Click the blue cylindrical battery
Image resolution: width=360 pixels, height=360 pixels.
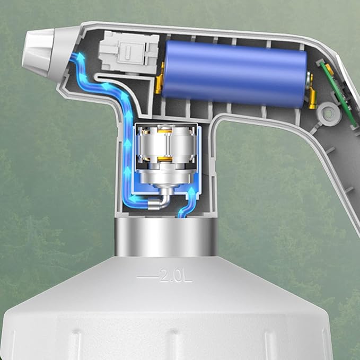click(x=234, y=74)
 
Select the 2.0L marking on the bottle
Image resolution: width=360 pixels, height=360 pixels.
click(x=175, y=275)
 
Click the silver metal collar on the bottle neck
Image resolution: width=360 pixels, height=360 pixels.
click(x=166, y=237)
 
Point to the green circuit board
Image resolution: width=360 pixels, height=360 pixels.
click(x=340, y=94)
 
